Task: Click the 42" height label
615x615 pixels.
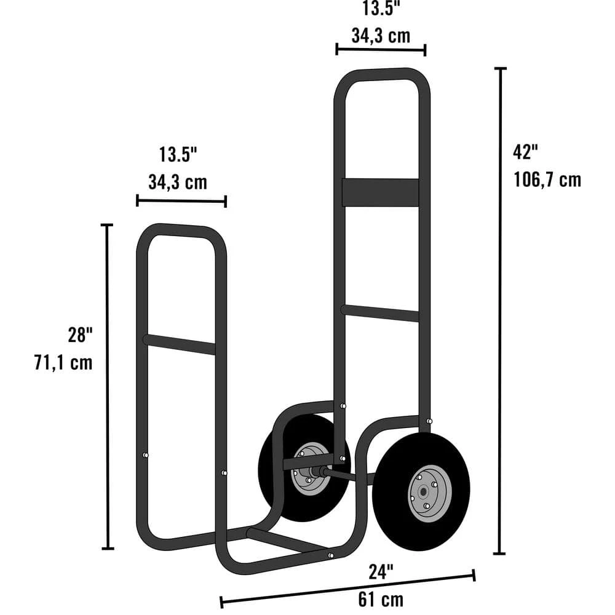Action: [x=526, y=151]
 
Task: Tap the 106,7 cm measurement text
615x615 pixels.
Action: [x=547, y=180]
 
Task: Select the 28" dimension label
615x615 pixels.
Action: [x=80, y=335]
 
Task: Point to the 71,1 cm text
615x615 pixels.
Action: [x=63, y=362]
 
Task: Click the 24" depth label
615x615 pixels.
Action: [x=381, y=572]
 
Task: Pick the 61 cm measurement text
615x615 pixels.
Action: [x=382, y=598]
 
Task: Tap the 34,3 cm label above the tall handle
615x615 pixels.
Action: [x=381, y=35]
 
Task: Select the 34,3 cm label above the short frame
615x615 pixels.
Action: [x=178, y=182]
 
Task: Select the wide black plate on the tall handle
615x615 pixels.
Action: [x=381, y=192]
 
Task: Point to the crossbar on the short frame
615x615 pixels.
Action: [x=179, y=344]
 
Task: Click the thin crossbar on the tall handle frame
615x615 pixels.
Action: [x=381, y=313]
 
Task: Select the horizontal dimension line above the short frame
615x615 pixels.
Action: [x=181, y=200]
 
